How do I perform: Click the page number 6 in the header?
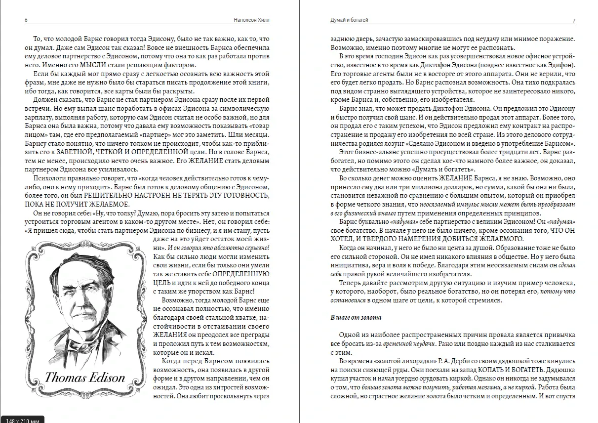pos(26,20)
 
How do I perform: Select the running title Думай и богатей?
pos(349,20)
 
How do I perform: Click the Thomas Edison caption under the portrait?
pos(85,378)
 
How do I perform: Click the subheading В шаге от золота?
pos(356,317)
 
